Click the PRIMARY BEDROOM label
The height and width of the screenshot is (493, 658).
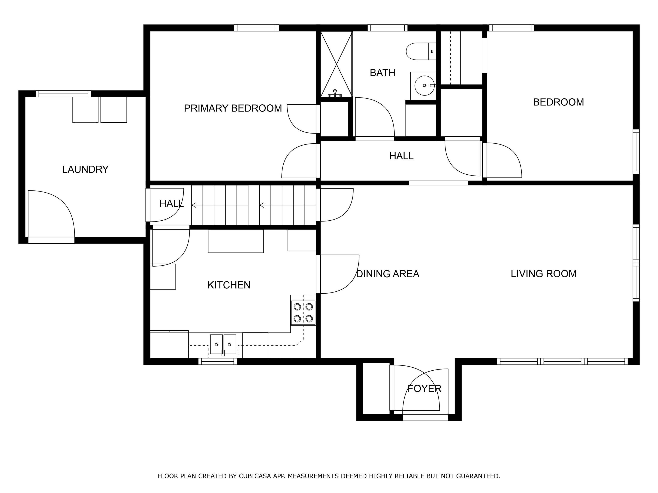[233, 108]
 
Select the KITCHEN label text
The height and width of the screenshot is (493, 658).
[229, 285]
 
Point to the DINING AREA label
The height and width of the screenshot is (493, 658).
[388, 274]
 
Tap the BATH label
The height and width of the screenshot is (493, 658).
[382, 73]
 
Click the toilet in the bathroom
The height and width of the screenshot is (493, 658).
[421, 51]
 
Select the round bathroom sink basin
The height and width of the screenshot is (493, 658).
[425, 86]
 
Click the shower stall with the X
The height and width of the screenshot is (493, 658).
[336, 64]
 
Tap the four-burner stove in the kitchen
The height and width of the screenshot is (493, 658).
[303, 313]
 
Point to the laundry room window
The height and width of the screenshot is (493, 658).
[63, 94]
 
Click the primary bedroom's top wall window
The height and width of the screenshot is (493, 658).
[256, 28]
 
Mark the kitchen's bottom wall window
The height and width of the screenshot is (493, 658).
[218, 361]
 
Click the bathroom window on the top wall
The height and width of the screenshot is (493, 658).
[388, 28]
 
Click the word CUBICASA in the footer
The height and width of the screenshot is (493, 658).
[255, 451]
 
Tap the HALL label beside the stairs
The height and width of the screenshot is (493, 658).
[171, 203]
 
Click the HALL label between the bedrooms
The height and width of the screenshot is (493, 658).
[401, 156]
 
